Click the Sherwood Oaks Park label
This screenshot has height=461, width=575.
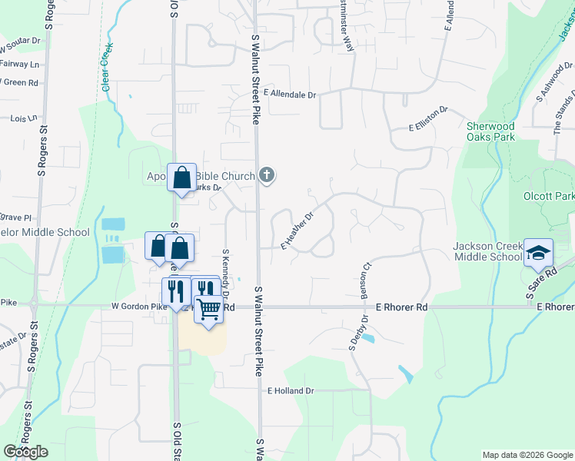[490, 131]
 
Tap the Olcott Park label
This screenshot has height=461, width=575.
[549, 196]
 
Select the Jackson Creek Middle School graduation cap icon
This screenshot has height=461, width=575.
[539, 252]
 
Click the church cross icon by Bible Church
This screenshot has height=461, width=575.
[267, 176]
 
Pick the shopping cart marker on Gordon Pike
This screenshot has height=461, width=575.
[208, 309]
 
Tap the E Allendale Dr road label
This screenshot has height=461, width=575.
[290, 94]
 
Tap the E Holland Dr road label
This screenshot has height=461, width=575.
[291, 391]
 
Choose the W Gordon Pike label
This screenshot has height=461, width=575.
[138, 307]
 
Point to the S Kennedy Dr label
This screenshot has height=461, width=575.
[226, 272]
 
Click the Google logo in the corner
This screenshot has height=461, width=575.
[25, 451]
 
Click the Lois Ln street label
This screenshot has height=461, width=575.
[24, 118]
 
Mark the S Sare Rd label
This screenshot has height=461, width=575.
[540, 283]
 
